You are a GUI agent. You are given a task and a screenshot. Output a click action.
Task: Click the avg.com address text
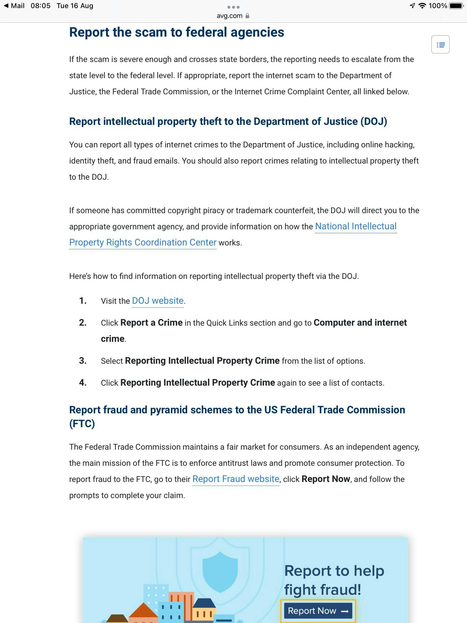[x=229, y=16]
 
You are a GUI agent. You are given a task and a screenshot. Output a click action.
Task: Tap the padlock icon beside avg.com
[x=247, y=16]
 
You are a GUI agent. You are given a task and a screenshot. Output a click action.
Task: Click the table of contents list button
[x=440, y=45]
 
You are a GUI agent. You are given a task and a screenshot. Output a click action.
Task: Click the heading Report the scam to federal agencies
[x=176, y=32]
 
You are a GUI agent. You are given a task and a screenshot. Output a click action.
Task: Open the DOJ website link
[x=158, y=301]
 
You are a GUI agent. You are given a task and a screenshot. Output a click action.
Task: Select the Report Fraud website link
[x=236, y=479]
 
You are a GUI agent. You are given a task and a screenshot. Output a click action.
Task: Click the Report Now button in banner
[x=318, y=611]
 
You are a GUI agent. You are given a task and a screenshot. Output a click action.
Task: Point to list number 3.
[x=83, y=361]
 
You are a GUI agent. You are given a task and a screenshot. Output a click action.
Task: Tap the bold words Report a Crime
[x=151, y=323]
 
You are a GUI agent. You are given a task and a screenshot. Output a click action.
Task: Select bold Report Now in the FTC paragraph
[x=326, y=479]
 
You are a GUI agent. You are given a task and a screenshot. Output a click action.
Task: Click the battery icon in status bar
[x=456, y=6]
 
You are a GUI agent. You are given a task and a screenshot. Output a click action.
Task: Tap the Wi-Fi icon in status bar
[x=422, y=6]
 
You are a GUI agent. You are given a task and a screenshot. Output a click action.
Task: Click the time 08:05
[x=40, y=6]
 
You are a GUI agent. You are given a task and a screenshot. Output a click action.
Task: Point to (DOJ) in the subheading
[x=374, y=121]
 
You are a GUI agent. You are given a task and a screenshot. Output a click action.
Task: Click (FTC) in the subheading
[x=82, y=424]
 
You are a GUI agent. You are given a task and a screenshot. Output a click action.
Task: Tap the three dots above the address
[x=233, y=7]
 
